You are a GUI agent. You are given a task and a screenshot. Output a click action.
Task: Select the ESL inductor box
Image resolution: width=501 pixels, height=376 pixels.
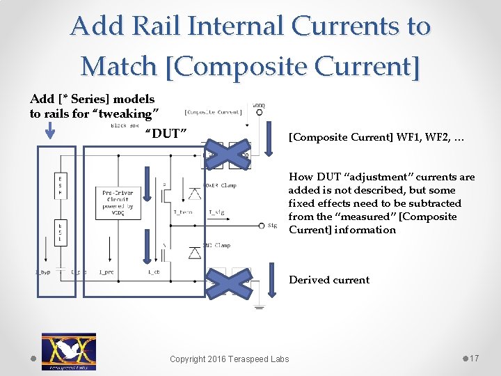tap(61, 232)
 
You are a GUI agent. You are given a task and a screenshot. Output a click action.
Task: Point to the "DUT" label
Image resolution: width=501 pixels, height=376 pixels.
tap(165, 133)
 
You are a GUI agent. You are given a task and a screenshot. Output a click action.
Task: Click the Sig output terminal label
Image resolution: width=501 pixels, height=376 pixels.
tap(271, 226)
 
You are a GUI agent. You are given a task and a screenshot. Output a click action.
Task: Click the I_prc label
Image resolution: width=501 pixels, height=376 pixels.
tap(106, 272)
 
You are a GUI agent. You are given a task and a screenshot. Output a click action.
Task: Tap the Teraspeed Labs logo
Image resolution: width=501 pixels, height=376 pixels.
tap(69, 351)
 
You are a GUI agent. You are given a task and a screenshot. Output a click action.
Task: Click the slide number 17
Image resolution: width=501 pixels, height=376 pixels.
tap(474, 358)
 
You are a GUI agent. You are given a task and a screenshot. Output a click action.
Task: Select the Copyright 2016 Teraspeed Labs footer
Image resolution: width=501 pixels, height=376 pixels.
tap(230, 359)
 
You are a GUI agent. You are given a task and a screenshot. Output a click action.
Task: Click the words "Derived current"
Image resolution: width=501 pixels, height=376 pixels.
tap(329, 280)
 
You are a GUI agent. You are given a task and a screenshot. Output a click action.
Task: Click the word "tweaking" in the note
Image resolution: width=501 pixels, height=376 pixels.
tap(132, 113)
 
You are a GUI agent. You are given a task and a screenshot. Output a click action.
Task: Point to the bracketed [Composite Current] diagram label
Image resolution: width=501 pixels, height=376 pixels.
tap(213, 111)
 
